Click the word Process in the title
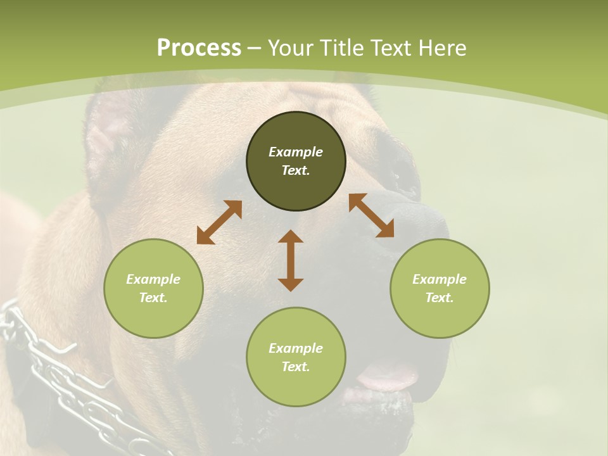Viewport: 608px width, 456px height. pyautogui.click(x=199, y=48)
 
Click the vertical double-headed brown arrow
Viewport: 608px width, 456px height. pyautogui.click(x=291, y=260)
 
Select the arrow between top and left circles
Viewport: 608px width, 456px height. pyautogui.click(x=219, y=222)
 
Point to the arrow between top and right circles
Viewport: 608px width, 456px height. pyautogui.click(x=371, y=215)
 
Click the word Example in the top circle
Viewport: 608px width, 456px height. pyautogui.click(x=296, y=152)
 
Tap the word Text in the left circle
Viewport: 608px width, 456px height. pyautogui.click(x=153, y=298)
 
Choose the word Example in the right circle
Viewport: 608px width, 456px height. pyautogui.click(x=440, y=279)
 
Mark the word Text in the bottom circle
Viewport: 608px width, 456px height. pyautogui.click(x=296, y=367)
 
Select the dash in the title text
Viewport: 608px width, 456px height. pyautogui.click(x=254, y=49)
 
